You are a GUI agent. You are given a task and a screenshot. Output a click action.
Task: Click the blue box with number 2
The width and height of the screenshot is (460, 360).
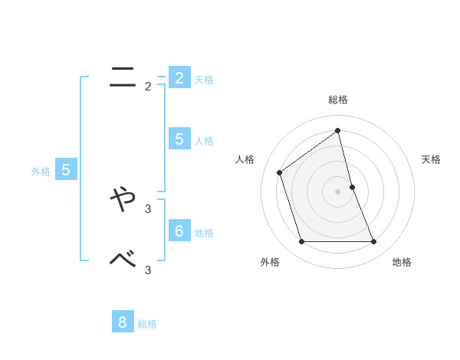[179, 77]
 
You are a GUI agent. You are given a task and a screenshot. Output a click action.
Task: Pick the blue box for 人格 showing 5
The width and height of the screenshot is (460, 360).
[179, 139]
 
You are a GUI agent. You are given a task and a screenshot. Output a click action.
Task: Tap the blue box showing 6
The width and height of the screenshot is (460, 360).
[179, 231]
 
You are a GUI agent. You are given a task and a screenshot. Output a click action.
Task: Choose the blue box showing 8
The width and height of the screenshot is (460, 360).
[123, 322]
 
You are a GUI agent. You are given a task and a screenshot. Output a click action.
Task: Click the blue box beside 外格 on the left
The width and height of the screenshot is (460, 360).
[66, 169]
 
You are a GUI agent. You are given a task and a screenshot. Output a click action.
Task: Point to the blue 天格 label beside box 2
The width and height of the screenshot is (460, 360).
[204, 79]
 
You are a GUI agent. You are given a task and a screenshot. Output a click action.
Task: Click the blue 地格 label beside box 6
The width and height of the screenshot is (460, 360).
[204, 232]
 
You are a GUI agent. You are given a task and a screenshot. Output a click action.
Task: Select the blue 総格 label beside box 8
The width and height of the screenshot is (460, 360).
[147, 324]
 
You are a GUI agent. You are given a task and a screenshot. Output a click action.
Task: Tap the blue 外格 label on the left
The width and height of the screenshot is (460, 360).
[41, 172]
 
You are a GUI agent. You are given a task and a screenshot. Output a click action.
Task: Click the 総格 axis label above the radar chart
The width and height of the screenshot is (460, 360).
[338, 100]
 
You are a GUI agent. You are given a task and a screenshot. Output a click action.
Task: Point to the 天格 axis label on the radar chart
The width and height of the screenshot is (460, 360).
[432, 159]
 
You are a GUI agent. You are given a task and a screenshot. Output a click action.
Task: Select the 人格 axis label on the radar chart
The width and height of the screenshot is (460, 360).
[245, 159]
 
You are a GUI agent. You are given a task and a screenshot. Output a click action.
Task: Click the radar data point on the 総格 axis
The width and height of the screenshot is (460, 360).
[338, 130]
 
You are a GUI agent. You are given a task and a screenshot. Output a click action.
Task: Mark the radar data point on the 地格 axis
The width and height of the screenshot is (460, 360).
[374, 242]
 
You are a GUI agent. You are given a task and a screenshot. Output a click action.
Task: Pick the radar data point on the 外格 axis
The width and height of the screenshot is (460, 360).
[301, 242]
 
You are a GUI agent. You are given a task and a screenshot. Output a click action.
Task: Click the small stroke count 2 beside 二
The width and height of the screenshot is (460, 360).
[148, 87]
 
